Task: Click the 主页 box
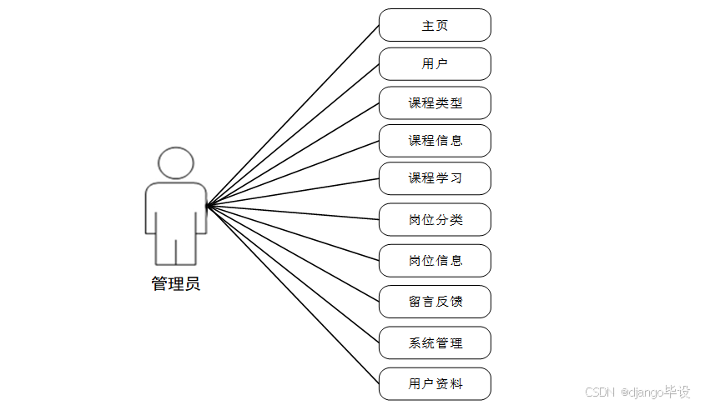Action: (435, 25)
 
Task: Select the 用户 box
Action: (435, 64)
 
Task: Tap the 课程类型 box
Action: (435, 103)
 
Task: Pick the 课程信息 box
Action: (435, 141)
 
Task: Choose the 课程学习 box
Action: (435, 178)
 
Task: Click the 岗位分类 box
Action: (435, 220)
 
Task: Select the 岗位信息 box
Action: (435, 260)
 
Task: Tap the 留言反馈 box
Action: (435, 301)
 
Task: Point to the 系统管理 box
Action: (435, 342)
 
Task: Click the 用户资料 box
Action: (435, 383)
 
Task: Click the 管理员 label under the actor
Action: (175, 283)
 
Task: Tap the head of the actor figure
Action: (175, 163)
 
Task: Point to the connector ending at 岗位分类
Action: (292, 212)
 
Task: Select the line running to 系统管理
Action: (292, 273)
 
